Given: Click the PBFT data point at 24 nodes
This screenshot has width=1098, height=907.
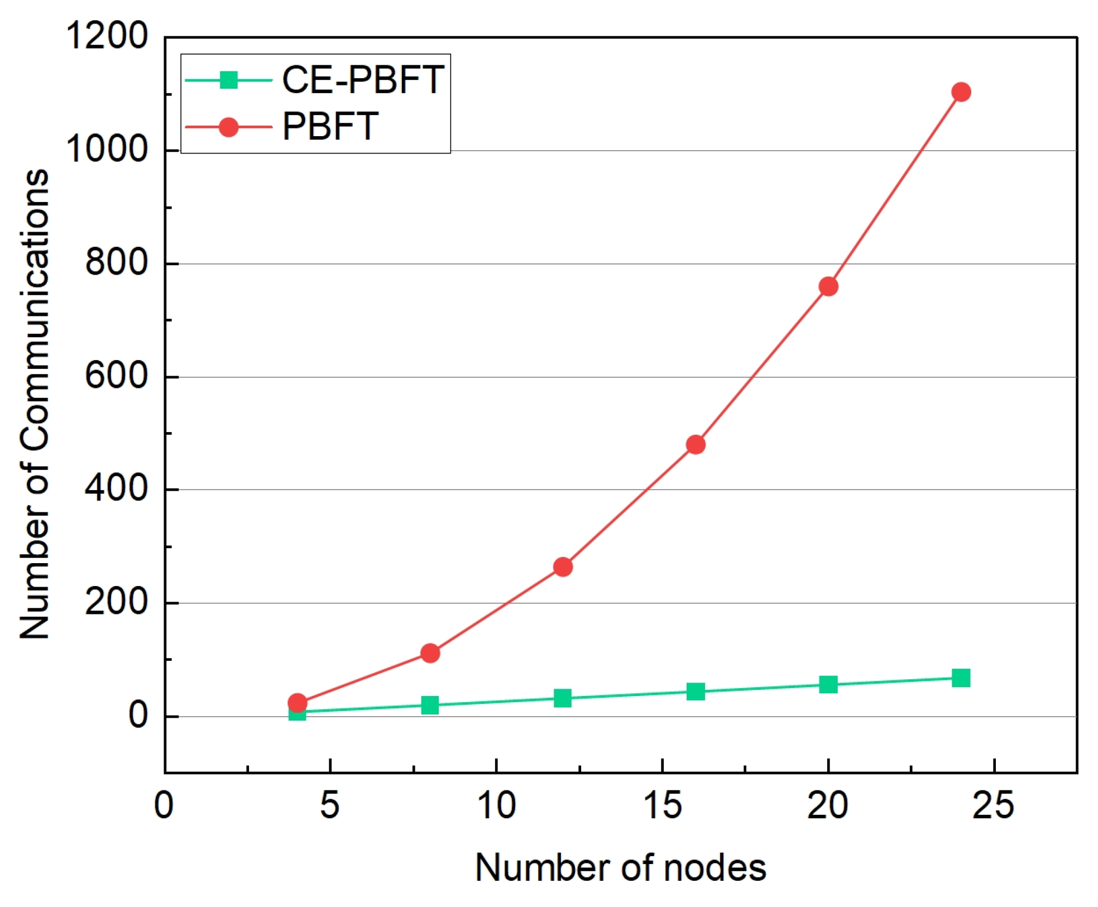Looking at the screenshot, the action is [x=961, y=92].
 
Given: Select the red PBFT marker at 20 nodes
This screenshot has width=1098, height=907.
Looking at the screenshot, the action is [x=828, y=286].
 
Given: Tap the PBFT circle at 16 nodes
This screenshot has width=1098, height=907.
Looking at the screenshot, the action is [x=695, y=444].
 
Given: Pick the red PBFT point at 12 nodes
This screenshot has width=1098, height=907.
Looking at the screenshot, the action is [x=563, y=567].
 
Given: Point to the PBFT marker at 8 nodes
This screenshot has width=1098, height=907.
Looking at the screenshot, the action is [x=430, y=652].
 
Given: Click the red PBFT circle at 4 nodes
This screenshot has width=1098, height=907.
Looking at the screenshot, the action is [x=297, y=702].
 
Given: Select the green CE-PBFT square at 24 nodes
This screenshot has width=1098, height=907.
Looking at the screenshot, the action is [x=961, y=678].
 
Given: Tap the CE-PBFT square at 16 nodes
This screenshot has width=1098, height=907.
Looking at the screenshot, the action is [x=695, y=692].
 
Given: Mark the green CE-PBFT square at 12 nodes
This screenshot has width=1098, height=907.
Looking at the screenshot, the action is [x=563, y=698].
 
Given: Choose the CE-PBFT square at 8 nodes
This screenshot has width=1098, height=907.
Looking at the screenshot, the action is [x=430, y=705].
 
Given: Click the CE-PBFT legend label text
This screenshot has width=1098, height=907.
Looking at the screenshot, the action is [x=363, y=79].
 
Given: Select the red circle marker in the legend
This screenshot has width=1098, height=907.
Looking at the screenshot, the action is [x=228, y=127].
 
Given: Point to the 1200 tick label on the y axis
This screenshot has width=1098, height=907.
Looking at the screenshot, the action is [x=107, y=36].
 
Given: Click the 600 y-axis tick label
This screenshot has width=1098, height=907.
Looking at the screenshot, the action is [x=116, y=376].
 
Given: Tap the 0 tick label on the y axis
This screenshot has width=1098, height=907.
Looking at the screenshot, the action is [x=138, y=715].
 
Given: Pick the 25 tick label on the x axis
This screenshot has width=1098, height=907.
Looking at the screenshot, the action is [x=993, y=805].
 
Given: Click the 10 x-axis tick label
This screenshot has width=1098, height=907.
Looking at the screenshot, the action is [x=496, y=805].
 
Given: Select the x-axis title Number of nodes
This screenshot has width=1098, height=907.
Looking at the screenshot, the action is [x=620, y=868].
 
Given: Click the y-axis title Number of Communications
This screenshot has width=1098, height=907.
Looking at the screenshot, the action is [x=35, y=404].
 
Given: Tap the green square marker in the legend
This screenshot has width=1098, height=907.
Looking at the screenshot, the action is [x=228, y=80].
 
